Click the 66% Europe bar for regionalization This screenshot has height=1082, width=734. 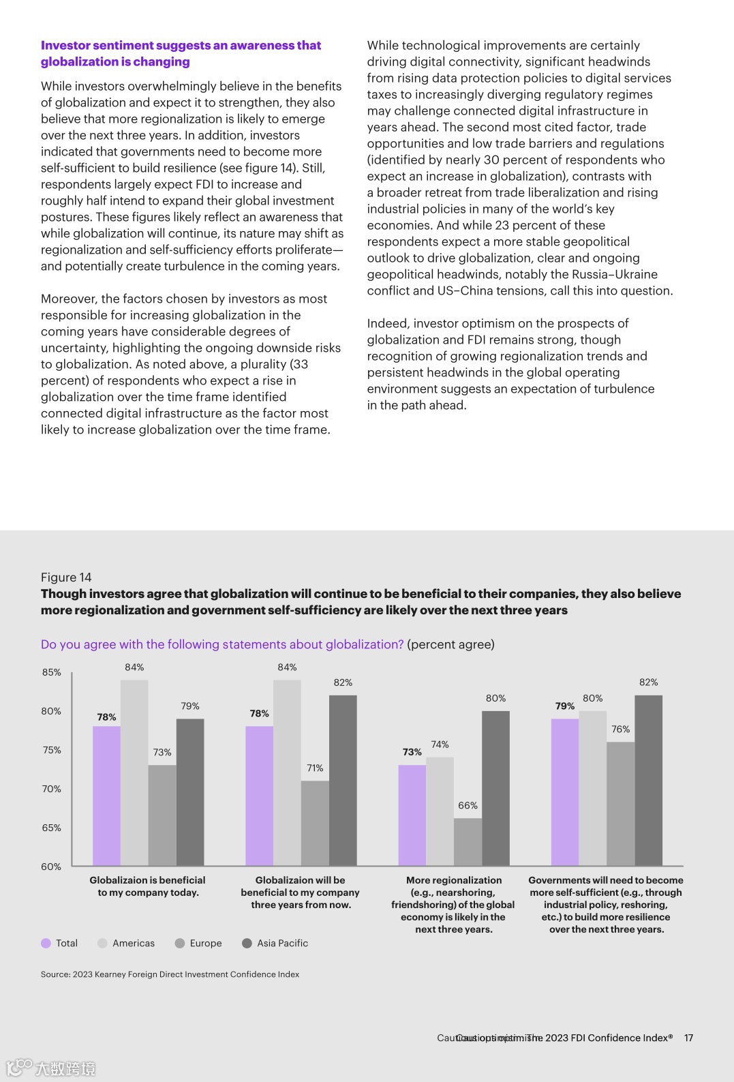click(x=468, y=842)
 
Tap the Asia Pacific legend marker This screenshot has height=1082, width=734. click(x=247, y=943)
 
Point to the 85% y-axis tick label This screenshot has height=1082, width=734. click(x=52, y=672)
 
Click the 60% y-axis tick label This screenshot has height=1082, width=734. click(x=51, y=867)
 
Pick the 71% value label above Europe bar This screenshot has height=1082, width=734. click(x=315, y=768)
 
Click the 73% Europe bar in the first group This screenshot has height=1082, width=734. click(x=162, y=815)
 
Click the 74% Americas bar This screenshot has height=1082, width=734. click(x=440, y=811)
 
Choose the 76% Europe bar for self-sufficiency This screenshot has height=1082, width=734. click(x=620, y=804)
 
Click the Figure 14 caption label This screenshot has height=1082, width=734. click(x=66, y=577)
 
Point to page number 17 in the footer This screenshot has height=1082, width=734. click(x=688, y=1038)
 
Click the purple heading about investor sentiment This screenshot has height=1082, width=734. click(x=181, y=53)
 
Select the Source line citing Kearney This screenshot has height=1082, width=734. click(x=170, y=974)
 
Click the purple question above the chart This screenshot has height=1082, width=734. click(x=222, y=644)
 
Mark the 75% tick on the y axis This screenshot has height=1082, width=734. click(x=52, y=750)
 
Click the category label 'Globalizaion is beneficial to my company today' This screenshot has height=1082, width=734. click(x=147, y=886)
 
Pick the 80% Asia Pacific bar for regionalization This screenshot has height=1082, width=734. click(x=495, y=788)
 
